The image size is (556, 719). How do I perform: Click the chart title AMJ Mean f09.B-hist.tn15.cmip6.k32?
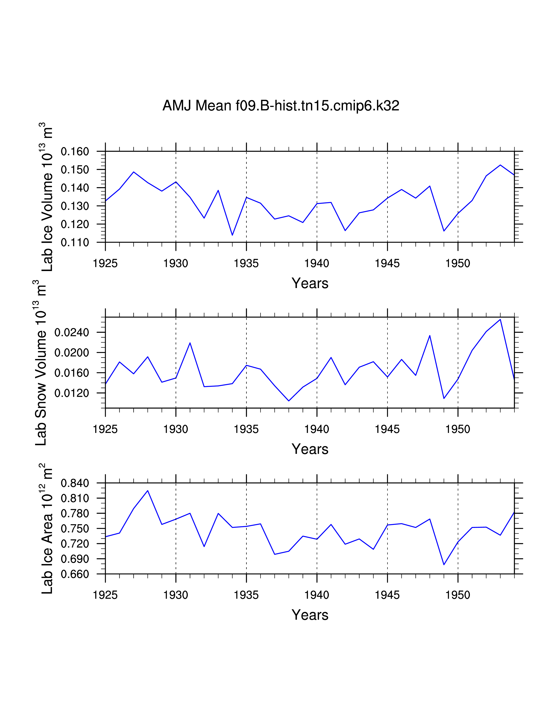[281, 106]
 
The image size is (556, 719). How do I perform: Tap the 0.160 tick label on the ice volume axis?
[75, 152]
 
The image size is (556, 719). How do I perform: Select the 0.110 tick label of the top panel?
[75, 243]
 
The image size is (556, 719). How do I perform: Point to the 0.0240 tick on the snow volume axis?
[72, 332]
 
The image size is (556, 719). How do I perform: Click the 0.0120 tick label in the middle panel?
[72, 393]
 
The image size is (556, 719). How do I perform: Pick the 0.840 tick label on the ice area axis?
[75, 483]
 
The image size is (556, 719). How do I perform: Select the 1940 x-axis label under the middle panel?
[317, 429]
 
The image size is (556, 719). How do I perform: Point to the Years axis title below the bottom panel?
[310, 615]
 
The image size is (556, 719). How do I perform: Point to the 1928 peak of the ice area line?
[148, 490]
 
